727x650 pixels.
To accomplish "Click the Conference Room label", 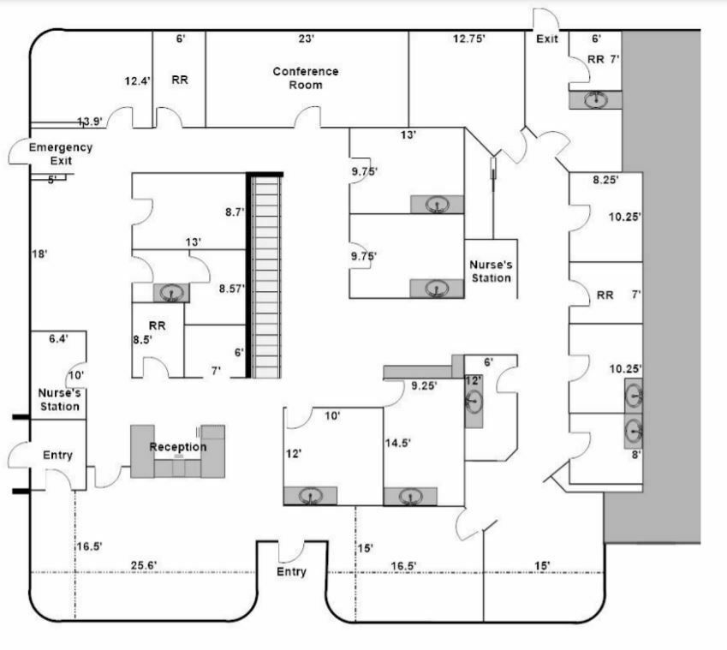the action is [x=306, y=78].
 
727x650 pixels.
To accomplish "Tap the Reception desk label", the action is [x=178, y=447].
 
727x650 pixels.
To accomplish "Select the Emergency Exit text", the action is [x=61, y=154].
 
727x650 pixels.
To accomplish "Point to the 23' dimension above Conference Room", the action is [x=307, y=39].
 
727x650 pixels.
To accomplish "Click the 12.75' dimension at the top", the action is [x=469, y=39].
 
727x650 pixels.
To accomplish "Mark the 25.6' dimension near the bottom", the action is [x=144, y=565].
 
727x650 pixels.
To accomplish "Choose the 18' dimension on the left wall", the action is [x=40, y=254].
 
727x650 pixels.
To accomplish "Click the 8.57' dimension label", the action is [x=232, y=289].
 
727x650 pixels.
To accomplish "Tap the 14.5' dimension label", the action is [x=398, y=443].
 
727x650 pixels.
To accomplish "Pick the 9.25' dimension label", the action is [x=424, y=385].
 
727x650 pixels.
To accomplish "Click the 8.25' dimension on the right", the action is [x=605, y=180].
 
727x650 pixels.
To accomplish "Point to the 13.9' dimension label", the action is [x=90, y=122].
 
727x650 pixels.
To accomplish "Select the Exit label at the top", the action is [x=547, y=39].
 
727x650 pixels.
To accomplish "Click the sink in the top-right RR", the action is [x=596, y=99].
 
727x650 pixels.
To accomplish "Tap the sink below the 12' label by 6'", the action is [x=474, y=401].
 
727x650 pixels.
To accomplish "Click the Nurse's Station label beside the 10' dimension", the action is [x=60, y=400].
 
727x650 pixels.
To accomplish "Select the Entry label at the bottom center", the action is [x=292, y=572].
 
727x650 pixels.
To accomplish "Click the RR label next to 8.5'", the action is [x=158, y=325].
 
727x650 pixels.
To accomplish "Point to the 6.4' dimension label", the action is [x=58, y=338].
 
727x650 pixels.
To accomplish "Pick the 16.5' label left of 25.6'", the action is [x=90, y=546].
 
